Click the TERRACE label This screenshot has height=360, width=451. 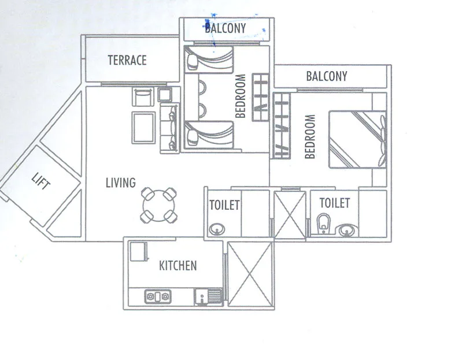[127, 60]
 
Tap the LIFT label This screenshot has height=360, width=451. [41, 185]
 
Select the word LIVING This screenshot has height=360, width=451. [120, 183]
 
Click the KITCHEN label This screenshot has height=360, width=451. [178, 266]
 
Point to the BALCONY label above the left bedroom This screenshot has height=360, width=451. [226, 28]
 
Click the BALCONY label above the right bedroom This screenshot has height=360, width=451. [327, 76]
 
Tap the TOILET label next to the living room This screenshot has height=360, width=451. [224, 205]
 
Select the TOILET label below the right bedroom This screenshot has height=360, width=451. [334, 203]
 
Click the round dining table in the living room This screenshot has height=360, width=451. [158, 205]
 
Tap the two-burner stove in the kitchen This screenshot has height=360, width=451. [158, 296]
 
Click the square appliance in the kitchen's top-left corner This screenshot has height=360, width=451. [138, 252]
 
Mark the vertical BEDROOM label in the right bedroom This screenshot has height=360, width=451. [310, 136]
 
